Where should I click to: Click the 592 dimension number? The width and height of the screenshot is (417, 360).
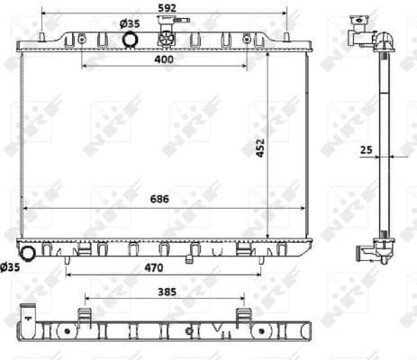(165, 7)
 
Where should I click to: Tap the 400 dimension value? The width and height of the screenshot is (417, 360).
(163, 58)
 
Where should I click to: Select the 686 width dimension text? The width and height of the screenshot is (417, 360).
(160, 199)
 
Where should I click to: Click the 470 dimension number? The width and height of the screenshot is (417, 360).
(164, 267)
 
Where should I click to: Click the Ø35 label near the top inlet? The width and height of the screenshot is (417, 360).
(131, 22)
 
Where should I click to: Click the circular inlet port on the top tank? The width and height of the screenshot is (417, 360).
(130, 40)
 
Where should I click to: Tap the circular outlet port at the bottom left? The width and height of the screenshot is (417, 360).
(28, 254)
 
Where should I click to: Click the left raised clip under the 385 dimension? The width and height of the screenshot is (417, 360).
(86, 316)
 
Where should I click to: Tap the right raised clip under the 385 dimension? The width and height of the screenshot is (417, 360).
(242, 316)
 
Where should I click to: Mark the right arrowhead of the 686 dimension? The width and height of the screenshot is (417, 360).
(306, 208)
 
